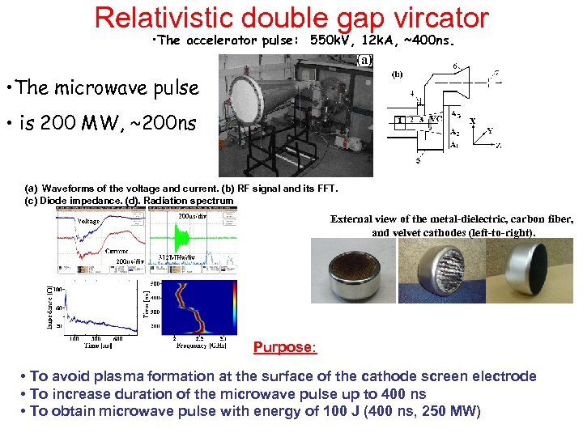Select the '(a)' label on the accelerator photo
365,60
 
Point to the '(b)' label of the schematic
398,74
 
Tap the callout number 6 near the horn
455,66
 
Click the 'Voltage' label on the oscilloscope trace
89,221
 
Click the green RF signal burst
188,240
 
